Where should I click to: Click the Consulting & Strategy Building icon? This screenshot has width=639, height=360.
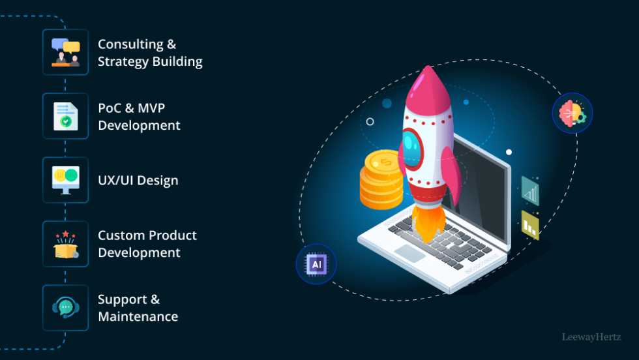[x=65, y=52]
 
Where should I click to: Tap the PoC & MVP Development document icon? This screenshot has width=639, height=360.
[x=65, y=116]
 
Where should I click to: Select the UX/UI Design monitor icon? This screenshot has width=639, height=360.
[x=65, y=180]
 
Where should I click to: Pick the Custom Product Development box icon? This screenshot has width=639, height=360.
[x=65, y=244]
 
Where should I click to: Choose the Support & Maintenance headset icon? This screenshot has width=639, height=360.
[x=65, y=307]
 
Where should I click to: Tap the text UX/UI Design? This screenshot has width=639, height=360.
[x=138, y=181]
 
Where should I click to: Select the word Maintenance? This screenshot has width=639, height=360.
[x=138, y=316]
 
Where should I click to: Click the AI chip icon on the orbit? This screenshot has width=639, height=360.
[x=317, y=264]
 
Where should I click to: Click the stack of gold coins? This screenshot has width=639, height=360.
[x=381, y=179]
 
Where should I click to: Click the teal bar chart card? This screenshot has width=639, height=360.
[x=530, y=191]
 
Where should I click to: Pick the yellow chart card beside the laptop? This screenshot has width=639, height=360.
[x=530, y=224]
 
